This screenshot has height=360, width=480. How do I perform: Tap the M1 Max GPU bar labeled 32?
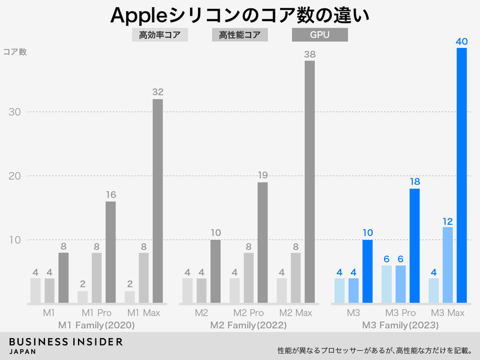tap(157, 201)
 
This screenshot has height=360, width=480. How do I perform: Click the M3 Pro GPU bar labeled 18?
tap(415, 246)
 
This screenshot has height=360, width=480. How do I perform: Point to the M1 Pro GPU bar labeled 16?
tap(110, 252)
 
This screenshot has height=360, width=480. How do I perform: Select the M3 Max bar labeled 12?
tap(448, 265)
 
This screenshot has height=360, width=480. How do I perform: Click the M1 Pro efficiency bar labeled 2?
tap(82, 297)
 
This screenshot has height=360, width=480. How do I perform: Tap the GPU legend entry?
tap(319, 35)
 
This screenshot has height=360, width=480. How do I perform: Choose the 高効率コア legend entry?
tap(160, 35)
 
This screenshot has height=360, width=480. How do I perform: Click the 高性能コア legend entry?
tap(239, 35)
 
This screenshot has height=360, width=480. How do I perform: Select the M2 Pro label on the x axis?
tap(248, 313)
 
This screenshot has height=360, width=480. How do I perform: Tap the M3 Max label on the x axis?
tap(448, 313)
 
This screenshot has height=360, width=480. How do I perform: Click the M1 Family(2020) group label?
tap(96, 326)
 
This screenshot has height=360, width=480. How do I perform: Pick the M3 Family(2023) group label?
tap(400, 326)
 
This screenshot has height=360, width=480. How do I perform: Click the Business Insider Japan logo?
tap(66, 346)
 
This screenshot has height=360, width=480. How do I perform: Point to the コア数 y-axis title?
tap(15, 52)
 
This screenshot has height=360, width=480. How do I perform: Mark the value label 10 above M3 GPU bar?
tap(367, 233)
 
